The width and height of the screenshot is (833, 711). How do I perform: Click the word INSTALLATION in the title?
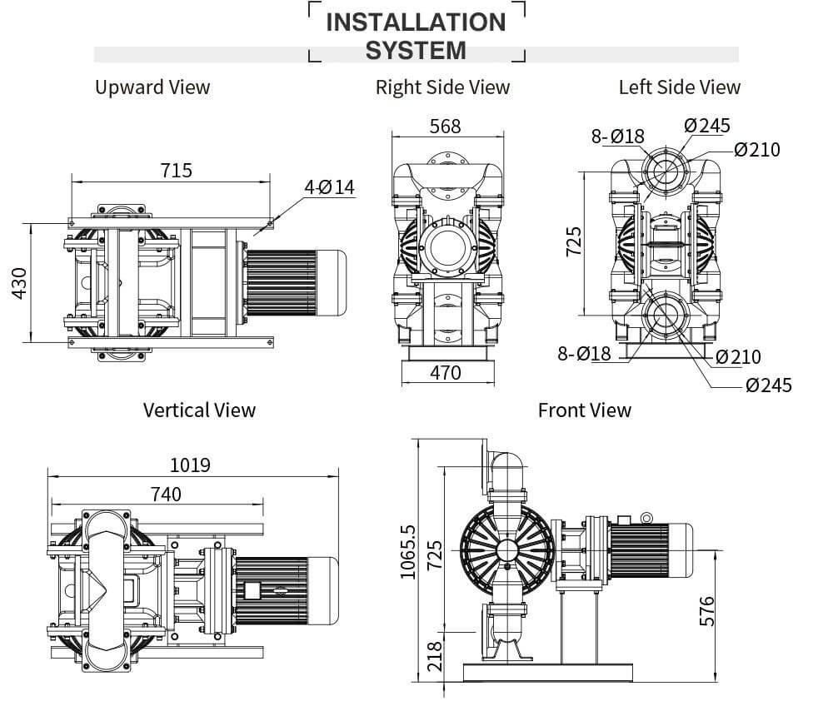(x=416, y=22)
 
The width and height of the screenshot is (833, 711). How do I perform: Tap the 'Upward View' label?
(x=152, y=87)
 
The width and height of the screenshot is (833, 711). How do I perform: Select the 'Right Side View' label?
(x=442, y=87)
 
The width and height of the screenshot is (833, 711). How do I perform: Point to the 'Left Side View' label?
(x=679, y=87)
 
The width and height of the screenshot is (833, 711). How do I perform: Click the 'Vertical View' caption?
(x=199, y=410)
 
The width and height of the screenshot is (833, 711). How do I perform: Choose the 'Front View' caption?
(x=584, y=410)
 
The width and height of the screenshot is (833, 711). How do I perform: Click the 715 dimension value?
(x=176, y=170)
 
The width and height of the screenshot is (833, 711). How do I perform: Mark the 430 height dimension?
(x=20, y=282)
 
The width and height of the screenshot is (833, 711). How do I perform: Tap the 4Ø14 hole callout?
(x=329, y=187)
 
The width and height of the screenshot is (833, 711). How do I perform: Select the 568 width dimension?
(x=445, y=127)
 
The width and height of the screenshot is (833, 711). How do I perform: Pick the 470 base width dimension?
(x=446, y=373)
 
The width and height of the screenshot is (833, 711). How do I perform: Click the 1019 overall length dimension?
(x=190, y=465)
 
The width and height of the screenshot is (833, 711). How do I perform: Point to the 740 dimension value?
(x=165, y=494)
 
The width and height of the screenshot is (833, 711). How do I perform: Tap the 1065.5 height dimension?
(x=407, y=552)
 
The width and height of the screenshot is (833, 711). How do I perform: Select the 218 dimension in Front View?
(x=435, y=658)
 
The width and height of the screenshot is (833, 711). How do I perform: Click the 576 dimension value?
(x=707, y=613)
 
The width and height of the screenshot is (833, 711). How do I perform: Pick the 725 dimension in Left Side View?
(x=574, y=242)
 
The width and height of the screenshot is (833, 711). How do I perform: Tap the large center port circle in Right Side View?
(x=445, y=247)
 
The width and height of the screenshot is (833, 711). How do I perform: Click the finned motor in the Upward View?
(x=284, y=283)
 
